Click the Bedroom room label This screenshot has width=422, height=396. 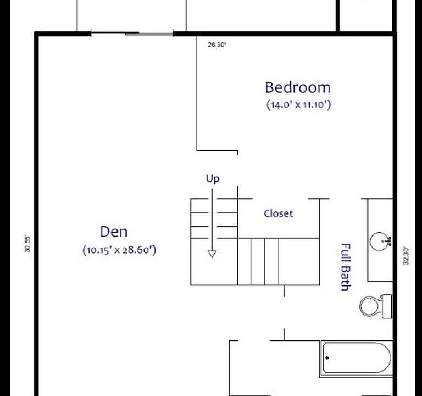(297, 87)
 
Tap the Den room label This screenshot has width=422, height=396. (114, 232)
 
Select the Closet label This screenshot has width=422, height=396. (278, 213)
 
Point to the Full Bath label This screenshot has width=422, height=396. (346, 267)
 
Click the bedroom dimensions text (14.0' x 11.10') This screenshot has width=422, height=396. (298, 105)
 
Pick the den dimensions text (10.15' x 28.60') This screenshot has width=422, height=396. (120, 250)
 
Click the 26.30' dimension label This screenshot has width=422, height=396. (216, 46)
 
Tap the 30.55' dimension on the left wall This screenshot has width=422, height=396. (27, 244)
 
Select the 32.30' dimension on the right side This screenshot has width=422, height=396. (407, 255)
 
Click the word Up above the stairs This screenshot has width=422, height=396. (212, 178)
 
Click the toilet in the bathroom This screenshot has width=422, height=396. (371, 306)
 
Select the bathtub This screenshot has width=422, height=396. (357, 358)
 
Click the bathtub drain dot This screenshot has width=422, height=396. (327, 358)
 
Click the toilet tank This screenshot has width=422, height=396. (387, 306)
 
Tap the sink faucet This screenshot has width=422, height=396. (388, 241)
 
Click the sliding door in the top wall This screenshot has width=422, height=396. (132, 34)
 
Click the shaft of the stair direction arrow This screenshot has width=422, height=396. (212, 220)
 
